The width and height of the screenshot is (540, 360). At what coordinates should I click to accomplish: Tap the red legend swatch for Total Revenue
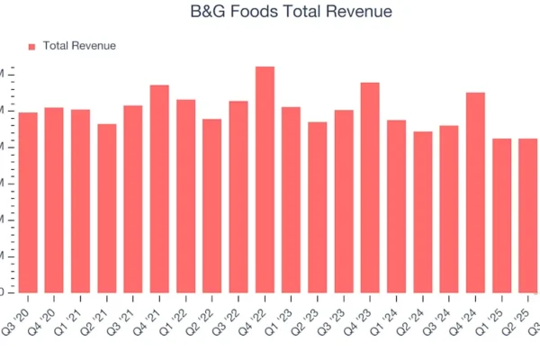tap(31, 46)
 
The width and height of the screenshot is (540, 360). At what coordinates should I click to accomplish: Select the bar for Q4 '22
tap(265, 179)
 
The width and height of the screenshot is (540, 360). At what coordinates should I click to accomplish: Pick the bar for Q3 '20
tap(28, 202)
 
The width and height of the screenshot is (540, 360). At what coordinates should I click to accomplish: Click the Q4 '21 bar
tap(159, 188)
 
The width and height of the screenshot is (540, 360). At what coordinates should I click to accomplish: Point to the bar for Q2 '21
tap(107, 208)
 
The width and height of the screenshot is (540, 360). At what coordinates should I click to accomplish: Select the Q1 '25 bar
tap(501, 215)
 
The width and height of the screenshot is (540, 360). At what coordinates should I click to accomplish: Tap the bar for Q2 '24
tap(422, 211)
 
